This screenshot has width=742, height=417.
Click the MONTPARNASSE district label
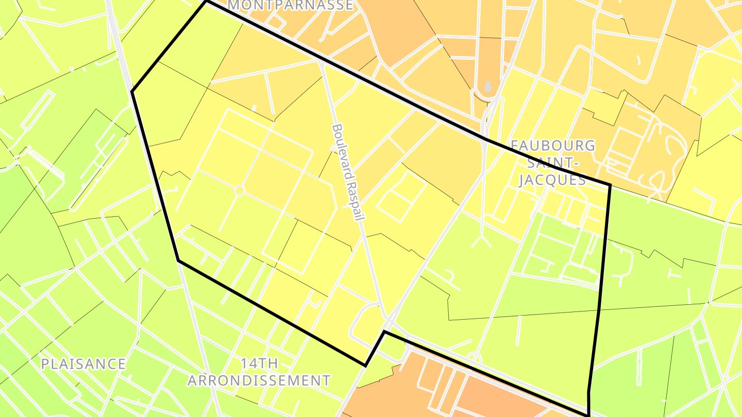pyautogui.click(x=290, y=5)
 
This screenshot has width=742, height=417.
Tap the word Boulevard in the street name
pyautogui.click(x=341, y=149)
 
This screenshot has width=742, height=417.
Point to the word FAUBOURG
pyautogui.click(x=553, y=146)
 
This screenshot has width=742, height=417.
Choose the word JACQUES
pyautogui.click(x=552, y=180)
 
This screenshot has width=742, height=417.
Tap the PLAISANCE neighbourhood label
pyautogui.click(x=83, y=364)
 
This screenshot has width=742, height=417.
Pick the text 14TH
pyautogui.click(x=259, y=363)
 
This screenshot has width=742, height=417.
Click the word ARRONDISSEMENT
pyautogui.click(x=259, y=380)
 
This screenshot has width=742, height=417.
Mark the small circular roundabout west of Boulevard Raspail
pyautogui.click(x=239, y=190)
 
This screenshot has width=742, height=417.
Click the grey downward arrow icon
pyautogui.click(x=487, y=86)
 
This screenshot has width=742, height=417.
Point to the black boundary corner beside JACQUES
pyautogui.click(x=610, y=184)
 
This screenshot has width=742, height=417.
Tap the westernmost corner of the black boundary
pyautogui.click(x=132, y=92)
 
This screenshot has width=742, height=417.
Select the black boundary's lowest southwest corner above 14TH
pyautogui.click(x=365, y=366)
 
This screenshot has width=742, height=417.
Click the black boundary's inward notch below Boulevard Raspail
pyautogui.click(x=384, y=332)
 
